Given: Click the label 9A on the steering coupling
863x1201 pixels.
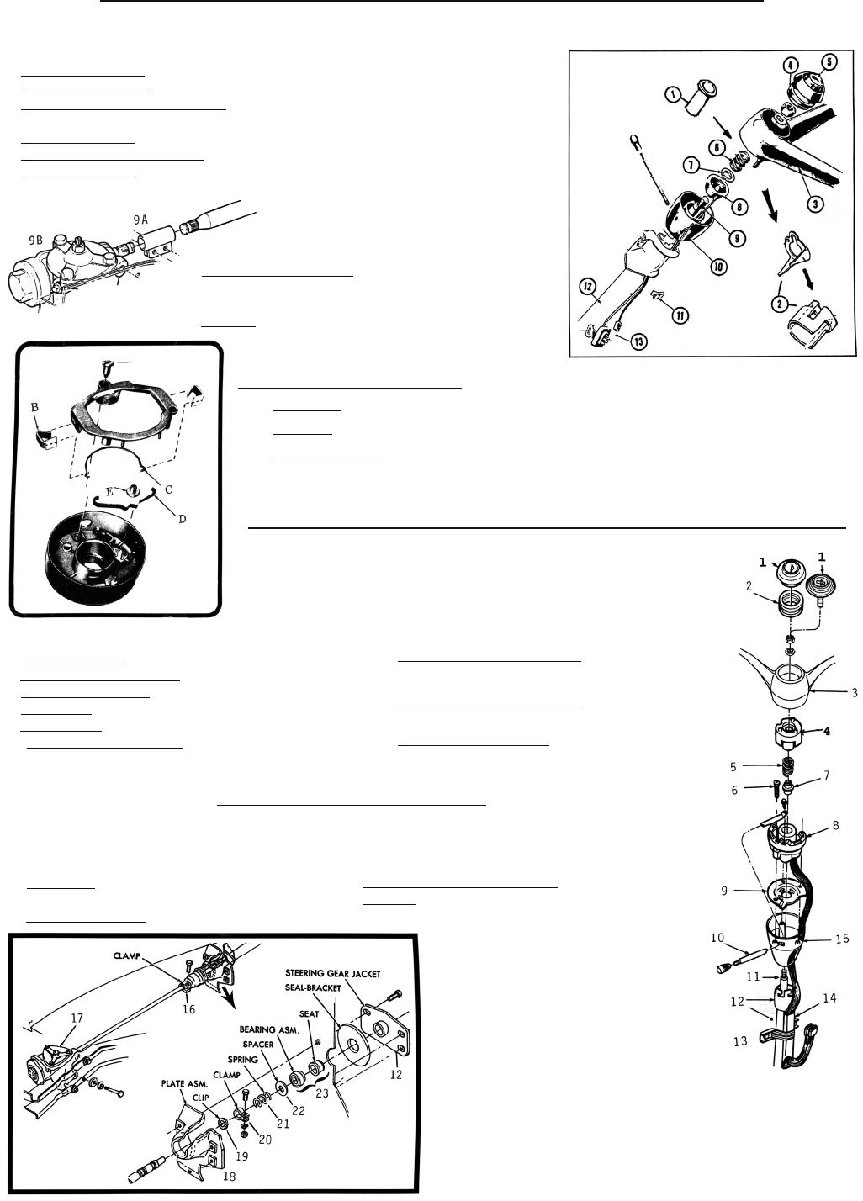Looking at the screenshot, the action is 141,220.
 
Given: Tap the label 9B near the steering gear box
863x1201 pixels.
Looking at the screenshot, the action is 36,241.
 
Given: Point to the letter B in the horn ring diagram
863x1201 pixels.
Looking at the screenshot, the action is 34,408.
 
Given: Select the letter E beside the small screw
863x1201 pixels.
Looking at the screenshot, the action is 109,491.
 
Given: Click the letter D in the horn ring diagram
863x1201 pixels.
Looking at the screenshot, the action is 183,519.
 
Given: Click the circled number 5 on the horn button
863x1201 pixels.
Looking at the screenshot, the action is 829,62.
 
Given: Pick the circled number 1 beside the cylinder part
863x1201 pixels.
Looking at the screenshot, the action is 672,95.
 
